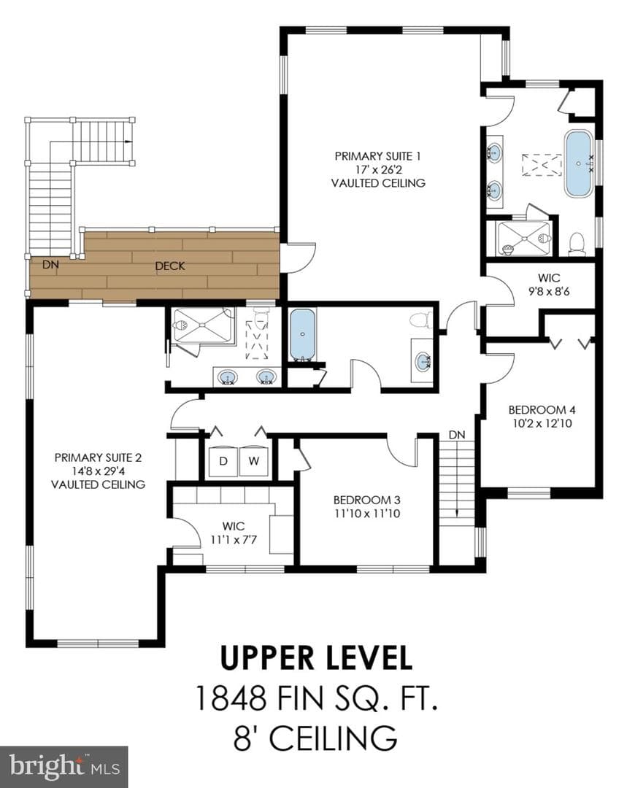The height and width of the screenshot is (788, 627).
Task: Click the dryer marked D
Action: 223,461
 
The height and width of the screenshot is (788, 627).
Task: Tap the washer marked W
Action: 254,461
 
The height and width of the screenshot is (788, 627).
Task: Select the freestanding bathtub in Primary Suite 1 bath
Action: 579,164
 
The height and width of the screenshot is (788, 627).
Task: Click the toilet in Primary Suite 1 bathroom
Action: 576,244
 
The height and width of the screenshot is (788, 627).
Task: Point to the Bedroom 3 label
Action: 366,500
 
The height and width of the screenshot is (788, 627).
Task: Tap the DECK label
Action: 170,266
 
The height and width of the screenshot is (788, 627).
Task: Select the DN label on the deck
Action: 50,264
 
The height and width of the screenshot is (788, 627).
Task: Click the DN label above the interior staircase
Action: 457,435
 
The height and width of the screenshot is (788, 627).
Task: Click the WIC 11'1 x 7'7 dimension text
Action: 234,540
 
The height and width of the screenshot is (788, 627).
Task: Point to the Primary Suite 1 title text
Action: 377,156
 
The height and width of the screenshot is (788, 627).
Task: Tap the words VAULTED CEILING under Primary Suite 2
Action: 98,484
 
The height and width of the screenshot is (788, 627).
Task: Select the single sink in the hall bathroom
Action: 423,361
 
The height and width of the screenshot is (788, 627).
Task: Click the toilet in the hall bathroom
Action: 421,320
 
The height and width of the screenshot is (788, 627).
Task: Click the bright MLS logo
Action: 64,767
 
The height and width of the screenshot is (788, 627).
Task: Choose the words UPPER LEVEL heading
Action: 316,658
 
